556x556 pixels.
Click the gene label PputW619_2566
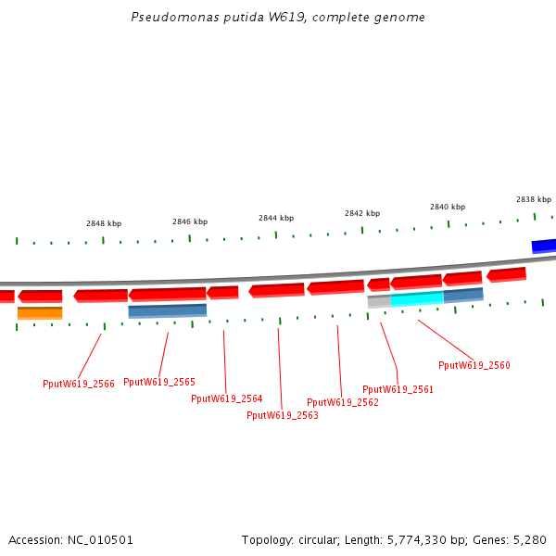79,384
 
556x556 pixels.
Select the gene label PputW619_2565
159,382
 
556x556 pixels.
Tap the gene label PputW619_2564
227,398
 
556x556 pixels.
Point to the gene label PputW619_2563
283,415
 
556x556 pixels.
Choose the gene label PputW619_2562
343,402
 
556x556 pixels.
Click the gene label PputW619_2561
398,389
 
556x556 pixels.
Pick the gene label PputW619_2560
474,365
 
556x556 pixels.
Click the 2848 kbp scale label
104,223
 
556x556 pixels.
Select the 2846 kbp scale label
190,221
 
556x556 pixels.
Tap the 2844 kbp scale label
276,218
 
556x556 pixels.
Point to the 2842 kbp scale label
362,213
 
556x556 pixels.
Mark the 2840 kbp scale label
448,207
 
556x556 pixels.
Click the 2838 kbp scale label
534,199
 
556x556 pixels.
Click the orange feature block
40,313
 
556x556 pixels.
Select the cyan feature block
417,298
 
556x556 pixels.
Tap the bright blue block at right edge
544,246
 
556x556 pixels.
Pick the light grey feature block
379,301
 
